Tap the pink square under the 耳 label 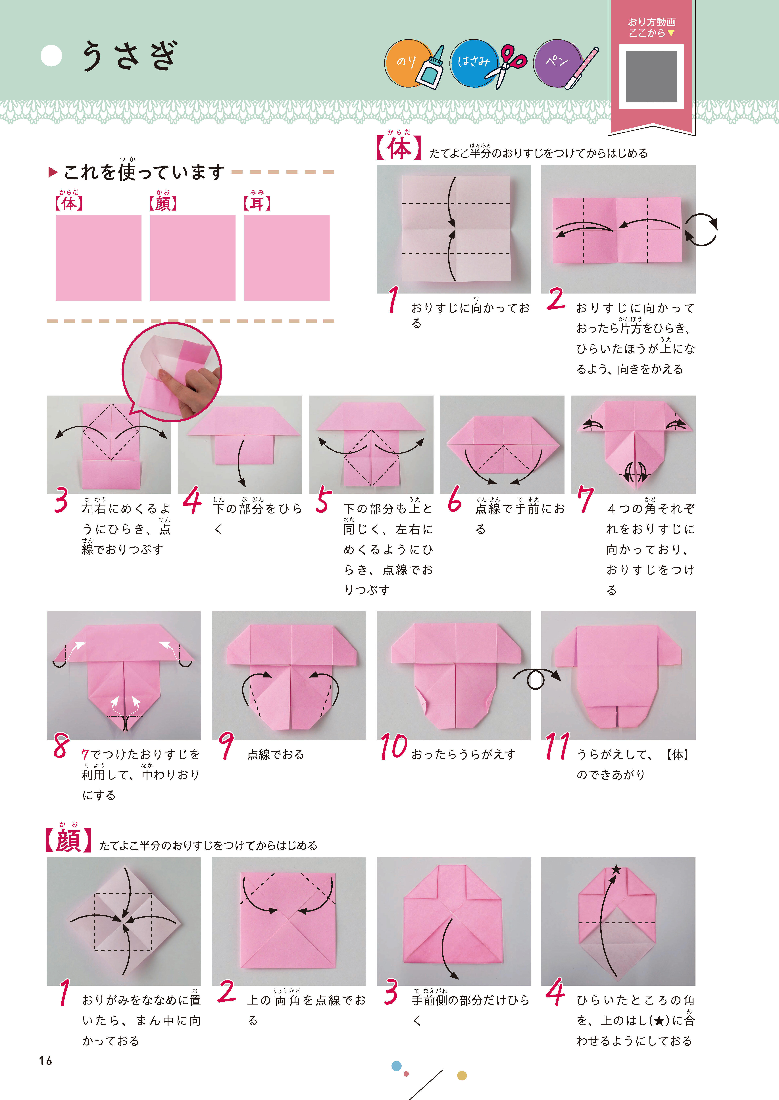(286, 258)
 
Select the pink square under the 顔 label (192, 258)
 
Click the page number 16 (46, 1061)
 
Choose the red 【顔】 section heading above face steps (68, 841)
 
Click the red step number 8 (61, 746)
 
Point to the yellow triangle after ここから (671, 33)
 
